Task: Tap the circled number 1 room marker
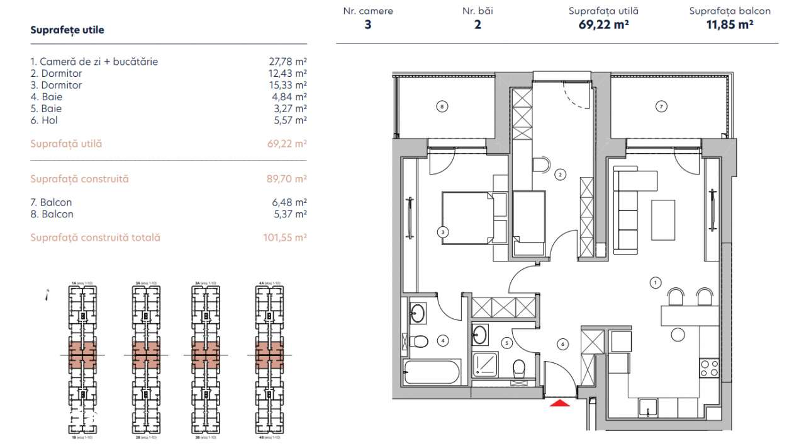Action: point(655,284)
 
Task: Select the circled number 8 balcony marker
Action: point(442,107)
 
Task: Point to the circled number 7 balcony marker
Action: point(661,107)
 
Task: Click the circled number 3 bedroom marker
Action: point(443,233)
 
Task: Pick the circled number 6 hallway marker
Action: point(562,344)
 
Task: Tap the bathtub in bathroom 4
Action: point(433,372)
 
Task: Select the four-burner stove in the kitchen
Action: point(709,368)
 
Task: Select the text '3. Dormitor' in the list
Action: point(56,85)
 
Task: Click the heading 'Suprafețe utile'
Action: point(67,30)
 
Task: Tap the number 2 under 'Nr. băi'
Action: point(478,26)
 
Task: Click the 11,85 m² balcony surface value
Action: point(730,26)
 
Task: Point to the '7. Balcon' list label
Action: point(51,202)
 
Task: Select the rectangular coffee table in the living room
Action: point(663,219)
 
